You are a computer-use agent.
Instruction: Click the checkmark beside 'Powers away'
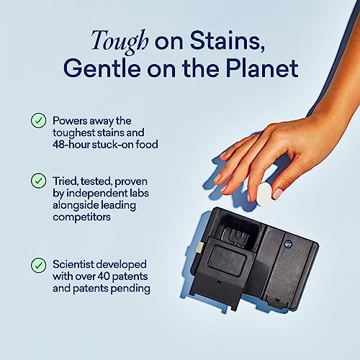point(38,120)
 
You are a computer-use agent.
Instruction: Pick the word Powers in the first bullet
point(72,120)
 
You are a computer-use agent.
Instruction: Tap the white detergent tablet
point(264,192)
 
